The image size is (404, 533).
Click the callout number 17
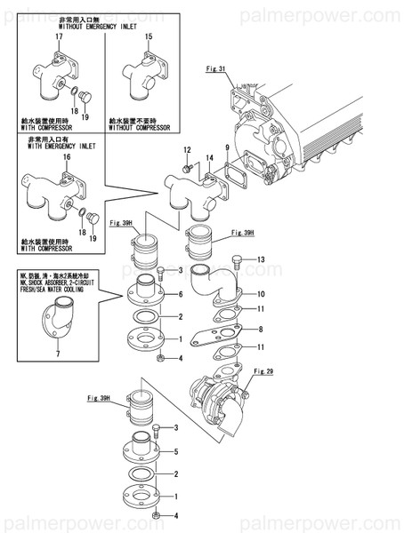[x=34, y=36]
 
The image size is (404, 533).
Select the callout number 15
[x=148, y=36]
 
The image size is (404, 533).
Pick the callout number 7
[x=59, y=354]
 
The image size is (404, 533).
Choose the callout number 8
[x=261, y=330]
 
